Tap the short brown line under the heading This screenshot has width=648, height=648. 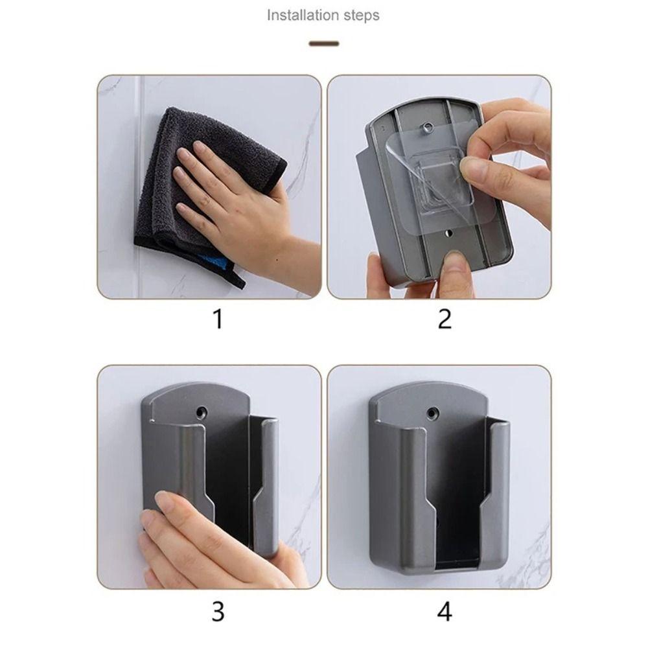[x=324, y=43]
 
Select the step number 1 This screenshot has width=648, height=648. [x=218, y=319]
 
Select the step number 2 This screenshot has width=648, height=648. [x=445, y=319]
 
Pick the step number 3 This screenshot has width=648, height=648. [x=218, y=610]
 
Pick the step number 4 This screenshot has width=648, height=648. [x=445, y=610]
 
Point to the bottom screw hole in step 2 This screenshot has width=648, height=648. [x=448, y=232]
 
